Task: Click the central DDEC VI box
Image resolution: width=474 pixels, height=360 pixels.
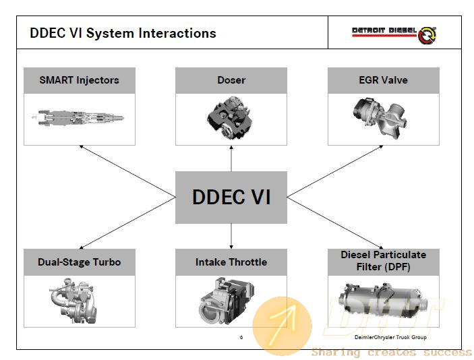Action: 231,198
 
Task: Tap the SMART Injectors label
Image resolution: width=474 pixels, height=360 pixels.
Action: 79,80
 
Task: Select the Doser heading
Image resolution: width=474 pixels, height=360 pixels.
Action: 231,80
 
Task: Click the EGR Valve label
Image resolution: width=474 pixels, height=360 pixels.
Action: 383,80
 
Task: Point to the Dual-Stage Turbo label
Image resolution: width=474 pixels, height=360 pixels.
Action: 79,262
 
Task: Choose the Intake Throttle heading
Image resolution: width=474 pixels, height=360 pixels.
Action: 231,262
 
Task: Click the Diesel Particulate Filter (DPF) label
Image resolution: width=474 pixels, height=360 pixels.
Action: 383,260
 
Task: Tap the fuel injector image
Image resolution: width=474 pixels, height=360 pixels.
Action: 78,117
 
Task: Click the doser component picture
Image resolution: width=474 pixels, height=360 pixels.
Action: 231,117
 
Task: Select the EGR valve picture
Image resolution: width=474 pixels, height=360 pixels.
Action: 380,118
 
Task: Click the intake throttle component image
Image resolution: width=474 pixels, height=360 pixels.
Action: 227,301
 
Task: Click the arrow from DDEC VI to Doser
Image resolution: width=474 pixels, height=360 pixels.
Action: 231,158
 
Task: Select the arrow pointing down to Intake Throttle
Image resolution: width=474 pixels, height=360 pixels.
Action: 231,237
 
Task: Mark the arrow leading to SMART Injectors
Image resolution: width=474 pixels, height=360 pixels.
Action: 127,171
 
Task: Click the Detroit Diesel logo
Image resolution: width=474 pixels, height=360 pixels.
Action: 394,34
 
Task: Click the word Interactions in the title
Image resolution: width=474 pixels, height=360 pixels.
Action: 177,33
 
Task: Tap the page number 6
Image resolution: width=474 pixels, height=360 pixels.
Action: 241,337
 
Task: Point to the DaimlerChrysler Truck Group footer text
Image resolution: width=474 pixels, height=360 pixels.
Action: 390,337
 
